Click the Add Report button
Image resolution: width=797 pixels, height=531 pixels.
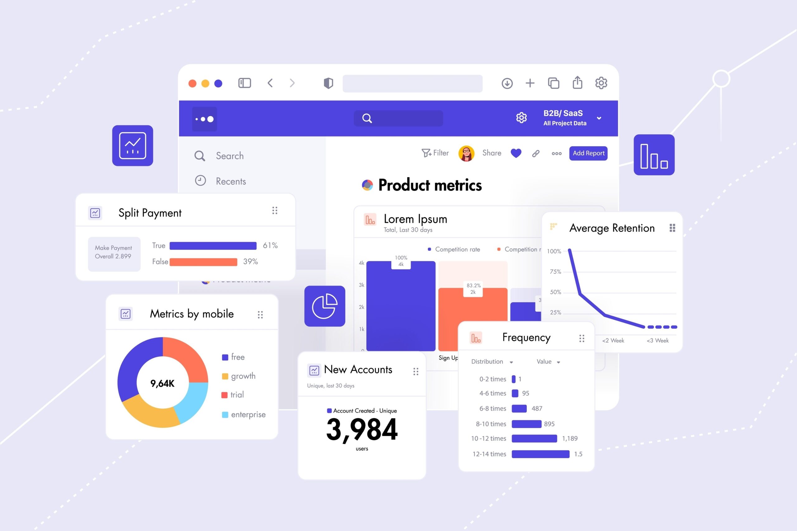coord(588,153)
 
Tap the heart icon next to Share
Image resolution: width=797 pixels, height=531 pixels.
coord(516,153)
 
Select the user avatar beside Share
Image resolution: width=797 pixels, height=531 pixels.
coord(466,153)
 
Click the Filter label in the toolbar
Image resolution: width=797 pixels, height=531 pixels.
coord(440,153)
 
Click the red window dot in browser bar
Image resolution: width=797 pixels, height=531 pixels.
coord(192,83)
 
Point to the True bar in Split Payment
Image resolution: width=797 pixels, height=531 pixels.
coord(213,245)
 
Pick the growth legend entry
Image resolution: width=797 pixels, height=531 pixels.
coord(243,376)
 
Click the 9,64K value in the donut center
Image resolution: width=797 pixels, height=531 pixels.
coord(162,383)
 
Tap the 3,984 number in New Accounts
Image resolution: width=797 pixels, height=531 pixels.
coord(361,429)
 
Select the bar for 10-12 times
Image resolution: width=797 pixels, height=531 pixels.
coord(534,439)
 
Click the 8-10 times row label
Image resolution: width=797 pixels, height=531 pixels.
coord(491,424)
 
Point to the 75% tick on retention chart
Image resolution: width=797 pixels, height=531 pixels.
coord(555,272)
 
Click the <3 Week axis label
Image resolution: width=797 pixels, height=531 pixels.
coord(658,340)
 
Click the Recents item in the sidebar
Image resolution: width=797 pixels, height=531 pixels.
coord(230,181)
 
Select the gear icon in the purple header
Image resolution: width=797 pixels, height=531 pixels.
coord(521,118)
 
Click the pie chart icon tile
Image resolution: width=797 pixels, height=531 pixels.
coord(325,306)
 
